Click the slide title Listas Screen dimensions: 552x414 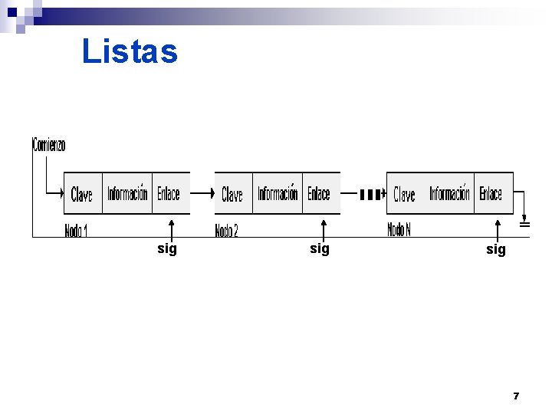tap(130, 52)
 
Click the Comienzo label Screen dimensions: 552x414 tap(49, 144)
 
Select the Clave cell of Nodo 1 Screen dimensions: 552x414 tap(82, 194)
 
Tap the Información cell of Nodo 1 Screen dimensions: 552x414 tap(127, 194)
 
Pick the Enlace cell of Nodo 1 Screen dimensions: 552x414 tap(169, 194)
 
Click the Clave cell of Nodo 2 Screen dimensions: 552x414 tap(232, 194)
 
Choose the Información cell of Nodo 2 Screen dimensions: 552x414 tap(278, 194)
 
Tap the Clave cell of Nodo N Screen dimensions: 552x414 tap(404, 194)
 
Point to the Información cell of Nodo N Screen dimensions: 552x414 tap(449, 194)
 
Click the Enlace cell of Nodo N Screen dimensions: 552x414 tap(491, 194)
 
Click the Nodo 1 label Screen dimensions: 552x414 tap(76, 229)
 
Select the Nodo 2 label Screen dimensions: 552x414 tap(226, 230)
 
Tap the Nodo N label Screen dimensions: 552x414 tap(399, 229)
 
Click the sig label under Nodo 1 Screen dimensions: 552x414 tap(166, 248)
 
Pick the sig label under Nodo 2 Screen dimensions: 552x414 tap(320, 248)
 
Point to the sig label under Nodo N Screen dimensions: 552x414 tap(496, 249)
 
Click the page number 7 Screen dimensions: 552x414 tap(516, 396)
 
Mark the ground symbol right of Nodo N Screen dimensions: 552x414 tap(525, 224)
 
